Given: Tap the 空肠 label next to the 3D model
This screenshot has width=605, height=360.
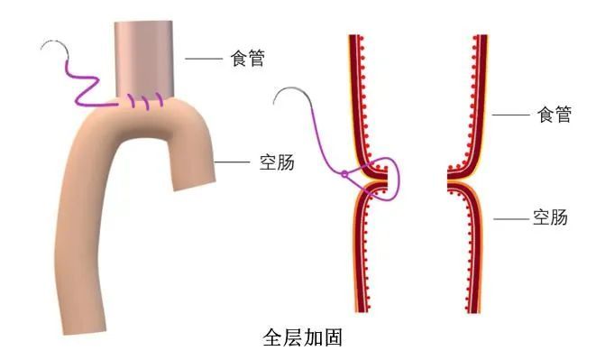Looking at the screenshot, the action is pos(275,162).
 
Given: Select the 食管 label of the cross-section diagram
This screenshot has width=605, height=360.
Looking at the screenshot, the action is pos(554,115).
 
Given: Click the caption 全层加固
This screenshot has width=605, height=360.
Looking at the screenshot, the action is pos(300,340).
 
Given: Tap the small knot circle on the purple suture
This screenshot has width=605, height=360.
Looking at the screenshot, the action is pos(343,173).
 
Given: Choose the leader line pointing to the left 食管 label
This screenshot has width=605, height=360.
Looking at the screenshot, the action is pos(203,59).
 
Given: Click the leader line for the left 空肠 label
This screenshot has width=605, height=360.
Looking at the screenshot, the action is pos(233,162).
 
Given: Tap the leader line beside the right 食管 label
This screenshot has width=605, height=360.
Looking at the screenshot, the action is pos(509,115).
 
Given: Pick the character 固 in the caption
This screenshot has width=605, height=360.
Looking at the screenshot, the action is pos(333,340).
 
